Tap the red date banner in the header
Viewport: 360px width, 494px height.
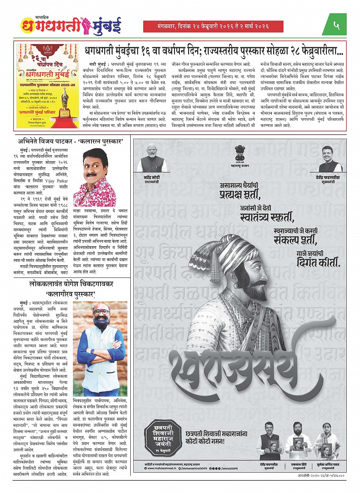tap(213, 26)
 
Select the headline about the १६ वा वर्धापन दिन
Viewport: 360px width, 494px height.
tap(213, 50)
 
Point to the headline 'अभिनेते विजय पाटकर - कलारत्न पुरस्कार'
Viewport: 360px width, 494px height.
tap(73, 141)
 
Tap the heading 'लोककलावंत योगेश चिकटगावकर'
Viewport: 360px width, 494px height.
tap(73, 284)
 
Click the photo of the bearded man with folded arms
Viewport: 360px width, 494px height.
tap(100, 348)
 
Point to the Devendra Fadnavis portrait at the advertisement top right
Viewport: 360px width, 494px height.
tap(330, 159)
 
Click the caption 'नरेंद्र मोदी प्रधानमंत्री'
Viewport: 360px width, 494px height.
tap(157, 180)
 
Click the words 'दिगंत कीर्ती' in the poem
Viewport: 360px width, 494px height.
tap(317, 263)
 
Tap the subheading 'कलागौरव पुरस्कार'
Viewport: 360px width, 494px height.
tap(73, 294)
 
